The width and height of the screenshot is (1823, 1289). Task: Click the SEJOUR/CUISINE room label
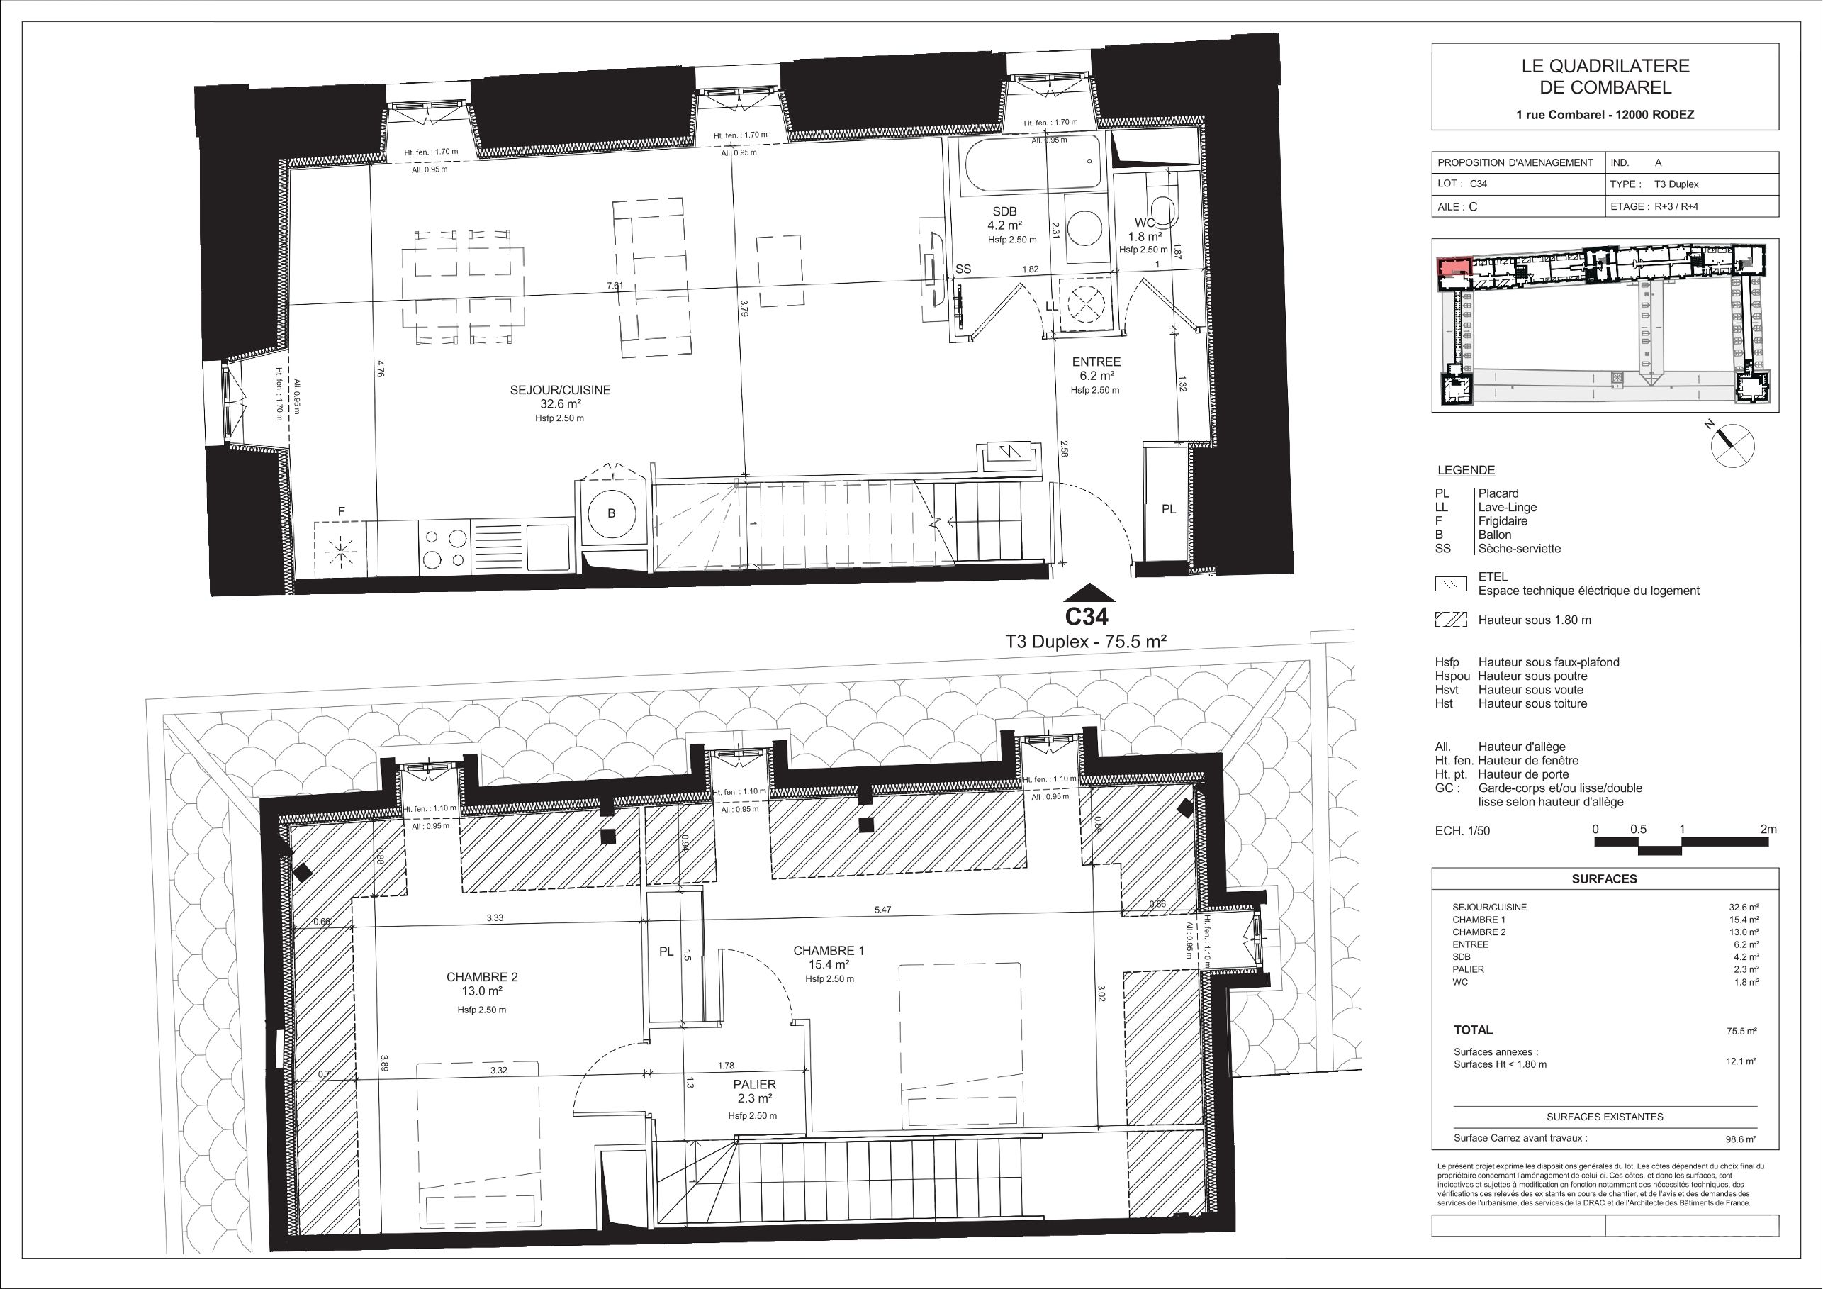(x=560, y=390)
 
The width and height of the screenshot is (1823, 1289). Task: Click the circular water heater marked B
(x=612, y=513)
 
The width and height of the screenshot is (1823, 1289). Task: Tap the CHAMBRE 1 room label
(x=828, y=951)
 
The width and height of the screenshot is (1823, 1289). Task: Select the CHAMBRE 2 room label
(x=481, y=978)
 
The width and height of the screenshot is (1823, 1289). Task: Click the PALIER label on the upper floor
(x=754, y=1084)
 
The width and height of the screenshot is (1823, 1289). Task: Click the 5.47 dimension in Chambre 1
(x=883, y=910)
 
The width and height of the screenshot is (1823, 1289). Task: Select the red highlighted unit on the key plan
(x=1454, y=266)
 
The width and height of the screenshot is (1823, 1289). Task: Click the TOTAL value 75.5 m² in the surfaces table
(x=1741, y=1031)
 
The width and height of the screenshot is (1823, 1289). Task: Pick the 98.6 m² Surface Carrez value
(x=1740, y=1138)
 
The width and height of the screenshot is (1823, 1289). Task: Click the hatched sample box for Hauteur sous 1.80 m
(x=1451, y=620)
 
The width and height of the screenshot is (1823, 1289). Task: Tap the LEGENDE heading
(x=1466, y=470)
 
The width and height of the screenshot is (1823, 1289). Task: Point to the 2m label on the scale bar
(x=1768, y=829)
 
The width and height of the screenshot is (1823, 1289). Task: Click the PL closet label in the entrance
(x=1169, y=509)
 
